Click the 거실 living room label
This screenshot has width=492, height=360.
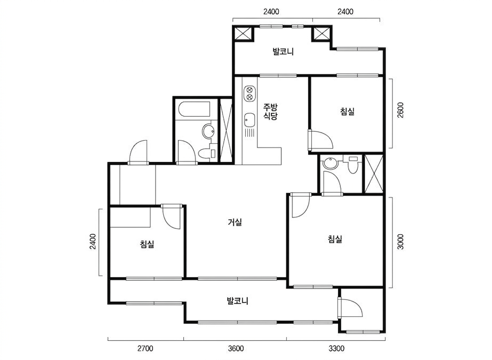pyautogui.click(x=235, y=223)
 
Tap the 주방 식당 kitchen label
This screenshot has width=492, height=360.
pyautogui.click(x=271, y=112)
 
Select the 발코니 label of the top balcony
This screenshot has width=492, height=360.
pyautogui.click(x=283, y=52)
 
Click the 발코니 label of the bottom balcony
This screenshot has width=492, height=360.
pyautogui.click(x=237, y=301)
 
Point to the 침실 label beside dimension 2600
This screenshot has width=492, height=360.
pyautogui.click(x=347, y=111)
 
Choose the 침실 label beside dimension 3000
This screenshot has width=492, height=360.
pyautogui.click(x=335, y=239)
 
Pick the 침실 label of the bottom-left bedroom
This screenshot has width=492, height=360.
pyautogui.click(x=147, y=244)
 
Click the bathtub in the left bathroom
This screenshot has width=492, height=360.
pyautogui.click(x=194, y=109)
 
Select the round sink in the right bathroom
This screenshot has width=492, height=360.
pyautogui.click(x=331, y=164)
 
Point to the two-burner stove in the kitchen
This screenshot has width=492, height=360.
pyautogui.click(x=250, y=93)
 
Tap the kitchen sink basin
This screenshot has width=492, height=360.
pyautogui.click(x=250, y=120)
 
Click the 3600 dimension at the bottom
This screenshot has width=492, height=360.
pyautogui.click(x=236, y=349)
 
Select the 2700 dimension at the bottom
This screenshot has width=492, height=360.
pyautogui.click(x=145, y=349)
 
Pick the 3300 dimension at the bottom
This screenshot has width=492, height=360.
pyautogui.click(x=336, y=349)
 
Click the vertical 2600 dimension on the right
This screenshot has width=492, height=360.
pyautogui.click(x=401, y=110)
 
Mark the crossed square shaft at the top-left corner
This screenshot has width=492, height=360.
pyautogui.click(x=243, y=34)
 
